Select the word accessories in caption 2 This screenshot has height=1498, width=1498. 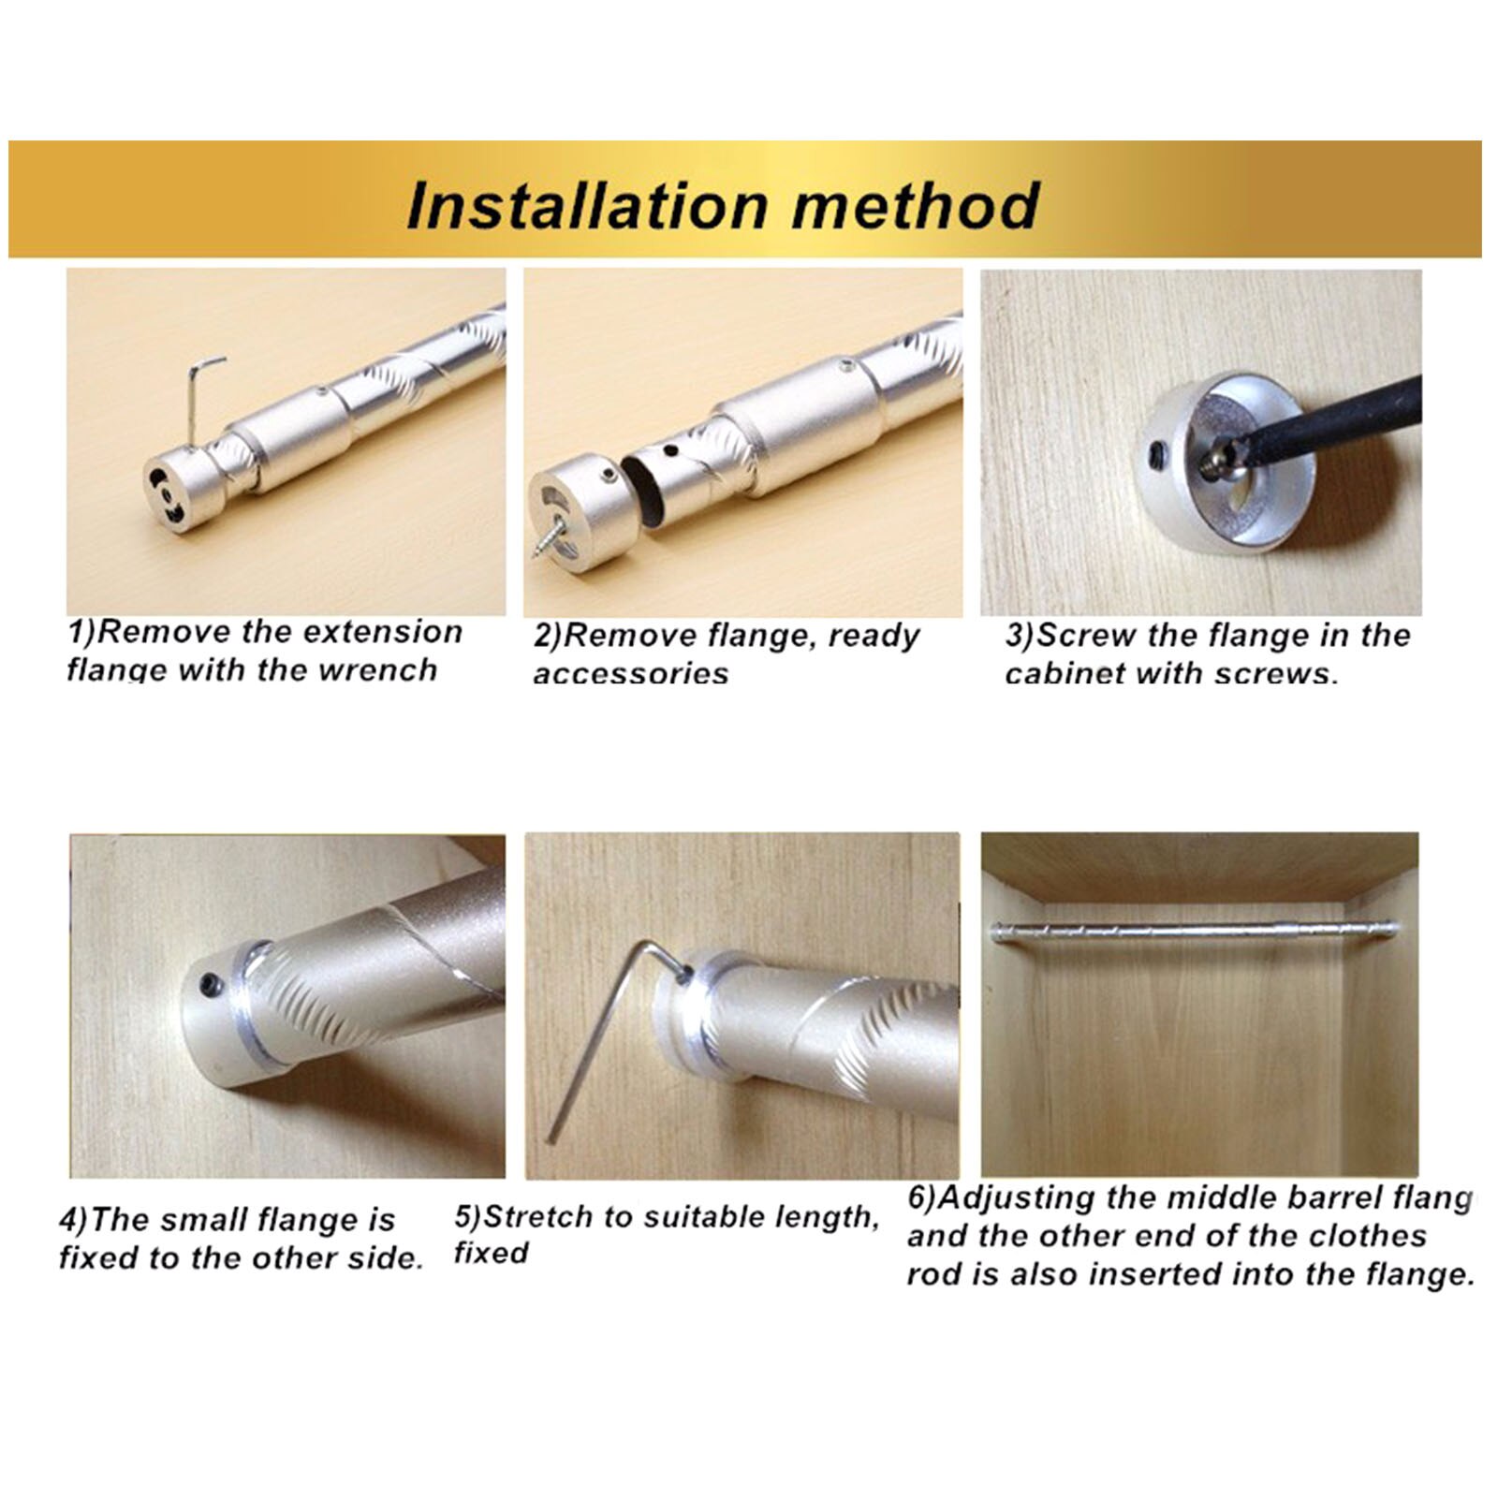630,673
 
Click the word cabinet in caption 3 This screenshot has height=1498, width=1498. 1065,673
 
